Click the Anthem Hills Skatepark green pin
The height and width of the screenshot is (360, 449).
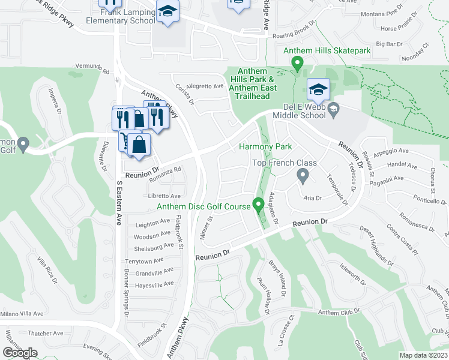pos(296,62)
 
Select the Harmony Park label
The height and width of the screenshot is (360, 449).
pos(265,146)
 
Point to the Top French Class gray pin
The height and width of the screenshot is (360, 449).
pos(303,175)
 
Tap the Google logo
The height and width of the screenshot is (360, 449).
pos(20,353)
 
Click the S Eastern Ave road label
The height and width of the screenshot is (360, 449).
pos(119,194)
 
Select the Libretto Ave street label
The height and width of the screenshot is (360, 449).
pos(164,196)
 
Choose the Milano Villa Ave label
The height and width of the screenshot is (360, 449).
pos(22,314)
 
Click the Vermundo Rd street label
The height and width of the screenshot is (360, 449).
pos(92,67)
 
